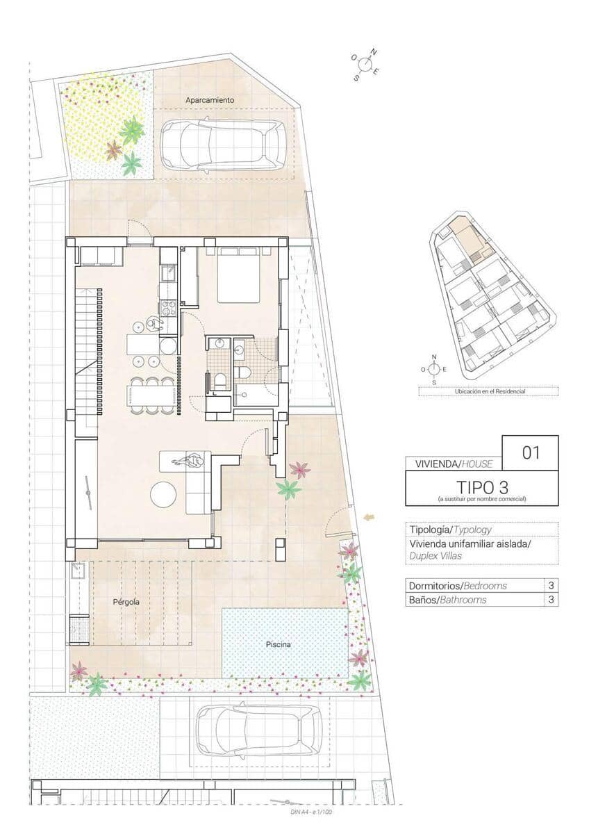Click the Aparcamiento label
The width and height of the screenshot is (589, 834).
tap(210, 100)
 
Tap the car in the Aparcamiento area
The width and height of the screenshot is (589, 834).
tap(222, 145)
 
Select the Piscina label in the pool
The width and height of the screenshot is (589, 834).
tap(278, 644)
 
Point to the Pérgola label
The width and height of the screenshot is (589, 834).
tap(126, 602)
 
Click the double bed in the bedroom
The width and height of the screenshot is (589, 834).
tap(239, 277)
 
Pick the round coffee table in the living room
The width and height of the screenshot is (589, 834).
tap(164, 494)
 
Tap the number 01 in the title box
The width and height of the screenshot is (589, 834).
tap(531, 453)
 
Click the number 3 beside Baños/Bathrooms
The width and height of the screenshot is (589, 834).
tap(551, 600)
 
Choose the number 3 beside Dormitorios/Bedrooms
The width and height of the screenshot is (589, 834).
tap(551, 585)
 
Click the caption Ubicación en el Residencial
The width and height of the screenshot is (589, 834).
tap(488, 391)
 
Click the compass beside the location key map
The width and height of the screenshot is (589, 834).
tap(434, 369)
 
